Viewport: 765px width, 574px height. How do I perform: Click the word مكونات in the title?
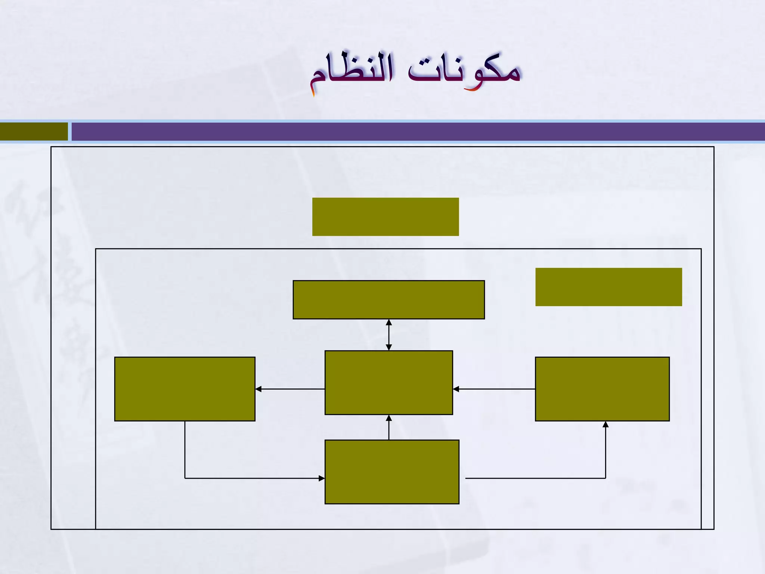coord(464,71)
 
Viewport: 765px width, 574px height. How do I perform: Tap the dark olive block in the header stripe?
coord(34,132)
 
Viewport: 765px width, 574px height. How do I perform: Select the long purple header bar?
coord(418,132)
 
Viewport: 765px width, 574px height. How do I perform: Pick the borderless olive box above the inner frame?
coord(385,217)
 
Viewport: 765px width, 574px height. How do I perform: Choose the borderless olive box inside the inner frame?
coord(608,287)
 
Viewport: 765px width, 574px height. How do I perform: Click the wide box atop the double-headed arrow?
coord(388,300)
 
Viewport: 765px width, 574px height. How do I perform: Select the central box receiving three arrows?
coord(388,382)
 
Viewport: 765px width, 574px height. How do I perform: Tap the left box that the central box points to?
coord(185,389)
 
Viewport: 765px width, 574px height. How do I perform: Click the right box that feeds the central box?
coord(602,389)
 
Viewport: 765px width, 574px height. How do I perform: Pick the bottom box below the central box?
coord(392,472)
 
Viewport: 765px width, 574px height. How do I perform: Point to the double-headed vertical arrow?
coord(389,335)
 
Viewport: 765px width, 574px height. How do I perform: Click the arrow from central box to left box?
coord(290,389)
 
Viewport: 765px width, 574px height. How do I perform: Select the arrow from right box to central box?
coord(494,389)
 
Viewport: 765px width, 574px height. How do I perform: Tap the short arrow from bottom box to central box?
coord(389,428)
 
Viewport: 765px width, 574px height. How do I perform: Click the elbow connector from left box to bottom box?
coord(224,478)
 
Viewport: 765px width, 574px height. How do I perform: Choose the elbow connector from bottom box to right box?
coord(560,478)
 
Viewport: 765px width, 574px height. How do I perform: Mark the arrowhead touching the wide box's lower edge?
coord(389,322)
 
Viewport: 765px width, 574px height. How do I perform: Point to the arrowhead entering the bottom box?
coord(321,478)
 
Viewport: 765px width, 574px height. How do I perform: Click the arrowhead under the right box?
coord(606,425)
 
